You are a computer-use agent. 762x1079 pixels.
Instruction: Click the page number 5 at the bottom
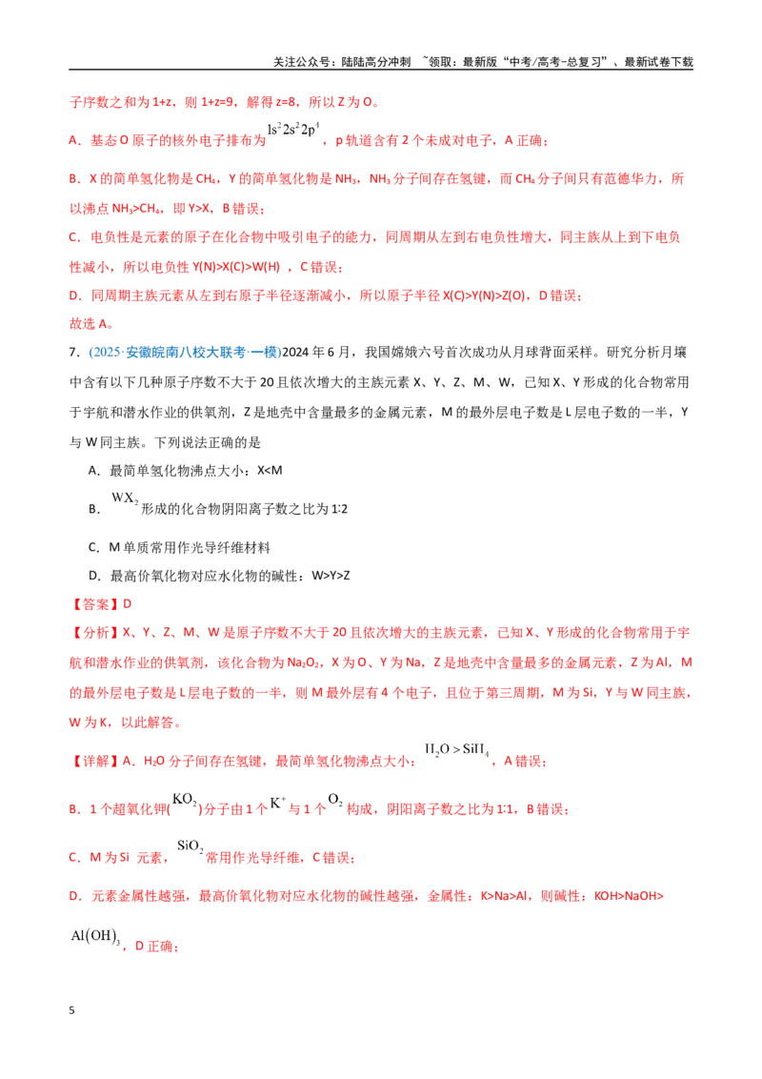(x=71, y=1010)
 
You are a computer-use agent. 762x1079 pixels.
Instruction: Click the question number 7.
(x=74, y=353)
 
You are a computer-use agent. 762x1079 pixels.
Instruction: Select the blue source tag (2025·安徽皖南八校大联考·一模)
(x=185, y=353)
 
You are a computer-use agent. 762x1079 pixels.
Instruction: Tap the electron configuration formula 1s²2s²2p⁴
(x=293, y=130)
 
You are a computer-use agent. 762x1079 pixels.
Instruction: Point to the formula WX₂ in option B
(x=125, y=498)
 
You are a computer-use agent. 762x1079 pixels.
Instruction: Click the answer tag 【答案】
(x=95, y=604)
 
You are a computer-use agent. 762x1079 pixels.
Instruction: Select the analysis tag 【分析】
(x=95, y=632)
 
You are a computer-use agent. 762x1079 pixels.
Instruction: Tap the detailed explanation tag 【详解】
(x=95, y=761)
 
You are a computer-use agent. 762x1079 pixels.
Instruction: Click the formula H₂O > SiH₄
(x=457, y=750)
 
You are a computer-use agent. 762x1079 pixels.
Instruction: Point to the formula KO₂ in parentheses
(x=185, y=800)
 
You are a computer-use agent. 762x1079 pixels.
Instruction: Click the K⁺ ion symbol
(x=277, y=803)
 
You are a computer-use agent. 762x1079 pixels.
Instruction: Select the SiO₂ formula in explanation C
(x=190, y=846)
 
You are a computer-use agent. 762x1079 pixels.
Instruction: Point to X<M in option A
(x=270, y=471)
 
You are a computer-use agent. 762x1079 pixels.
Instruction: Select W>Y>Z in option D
(x=331, y=576)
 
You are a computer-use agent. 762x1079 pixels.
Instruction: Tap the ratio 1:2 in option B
(x=339, y=509)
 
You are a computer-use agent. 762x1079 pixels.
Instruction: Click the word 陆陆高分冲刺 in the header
(x=376, y=62)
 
